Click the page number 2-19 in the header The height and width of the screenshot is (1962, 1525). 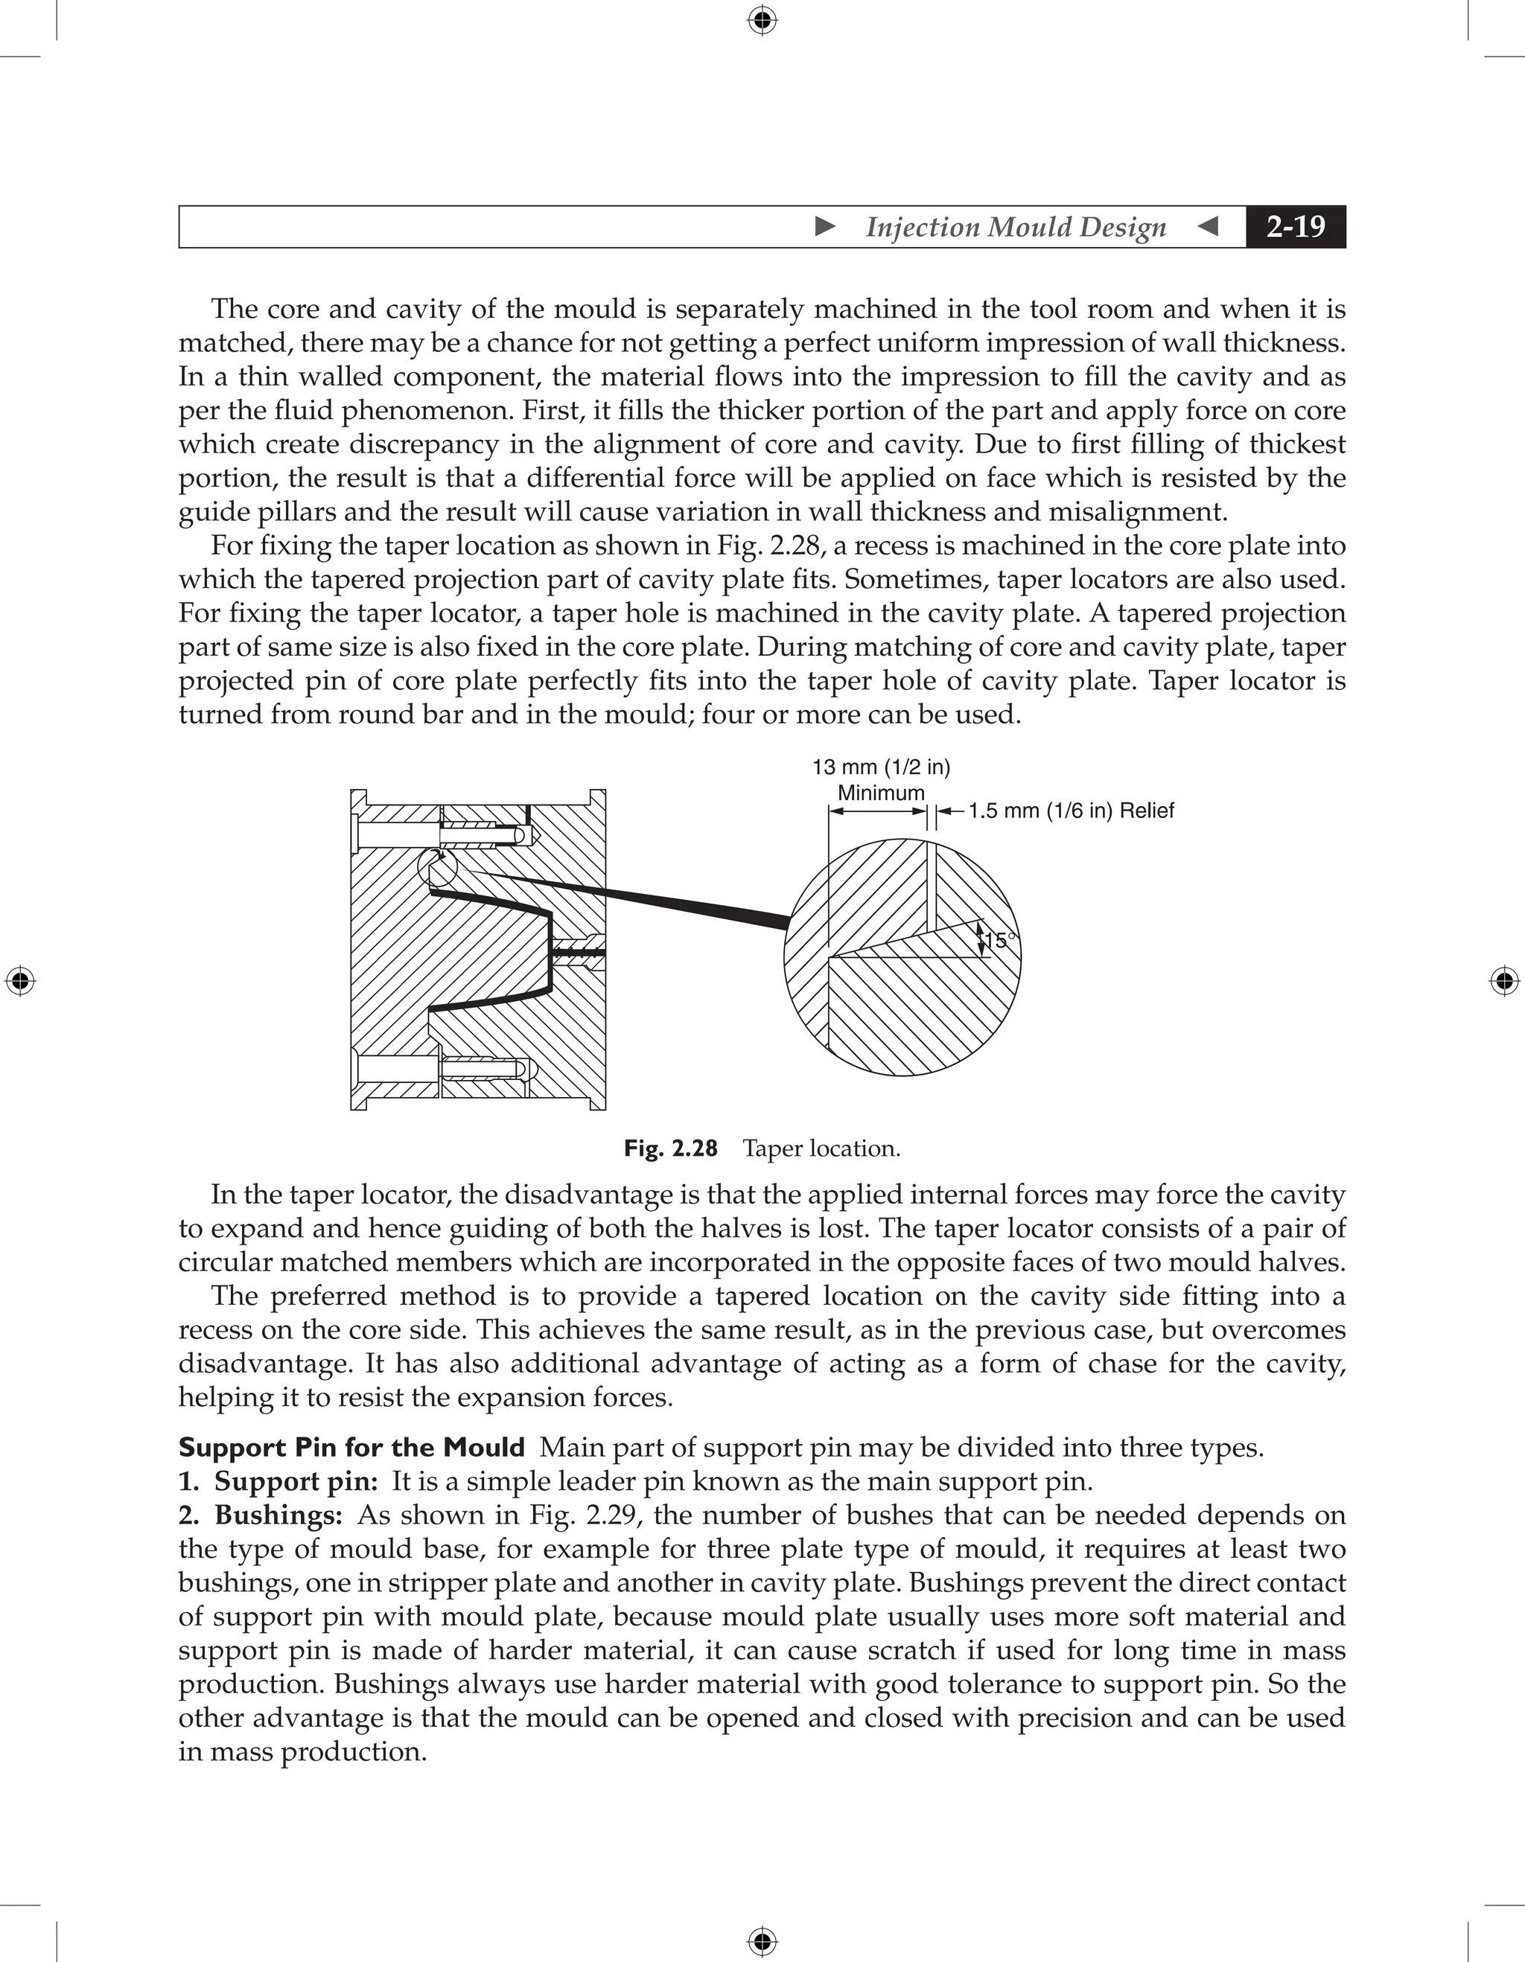pyautogui.click(x=1295, y=226)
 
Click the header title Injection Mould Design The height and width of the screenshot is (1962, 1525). pyautogui.click(x=1016, y=227)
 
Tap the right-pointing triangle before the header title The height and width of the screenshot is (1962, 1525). pyautogui.click(x=825, y=226)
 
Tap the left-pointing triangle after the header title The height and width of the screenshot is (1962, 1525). pyautogui.click(x=1209, y=226)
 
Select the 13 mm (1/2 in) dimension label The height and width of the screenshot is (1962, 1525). pyautogui.click(x=881, y=767)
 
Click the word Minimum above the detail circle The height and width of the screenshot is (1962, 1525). pyautogui.click(x=881, y=793)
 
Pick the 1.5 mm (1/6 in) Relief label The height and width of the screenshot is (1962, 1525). pyautogui.click(x=1070, y=811)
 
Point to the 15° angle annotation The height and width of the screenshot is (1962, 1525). pyautogui.click(x=999, y=941)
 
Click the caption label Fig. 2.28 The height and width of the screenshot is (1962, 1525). pyautogui.click(x=670, y=1148)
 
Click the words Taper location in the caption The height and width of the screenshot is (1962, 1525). pyautogui.click(x=821, y=1148)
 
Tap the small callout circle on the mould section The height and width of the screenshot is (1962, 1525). pyautogui.click(x=438, y=869)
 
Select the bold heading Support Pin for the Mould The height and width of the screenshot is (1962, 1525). pyautogui.click(x=351, y=1447)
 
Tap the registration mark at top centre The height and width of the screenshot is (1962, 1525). pyautogui.click(x=762, y=20)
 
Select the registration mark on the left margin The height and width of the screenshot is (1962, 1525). pyautogui.click(x=20, y=981)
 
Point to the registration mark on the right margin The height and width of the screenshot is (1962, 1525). pyautogui.click(x=1504, y=981)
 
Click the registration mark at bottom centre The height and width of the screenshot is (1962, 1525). pyautogui.click(x=762, y=1941)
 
